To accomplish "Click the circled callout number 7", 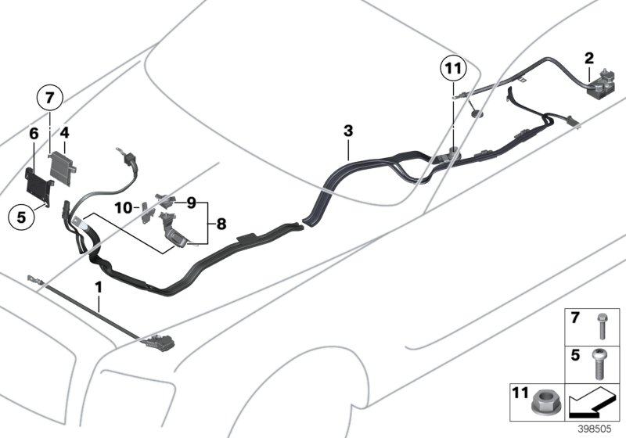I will (49, 99).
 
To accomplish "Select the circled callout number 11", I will (452, 70).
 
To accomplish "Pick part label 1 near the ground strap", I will (99, 288).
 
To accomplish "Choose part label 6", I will (34, 135).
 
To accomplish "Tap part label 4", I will (66, 135).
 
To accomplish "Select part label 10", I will (124, 207).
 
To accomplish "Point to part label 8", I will (221, 224).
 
